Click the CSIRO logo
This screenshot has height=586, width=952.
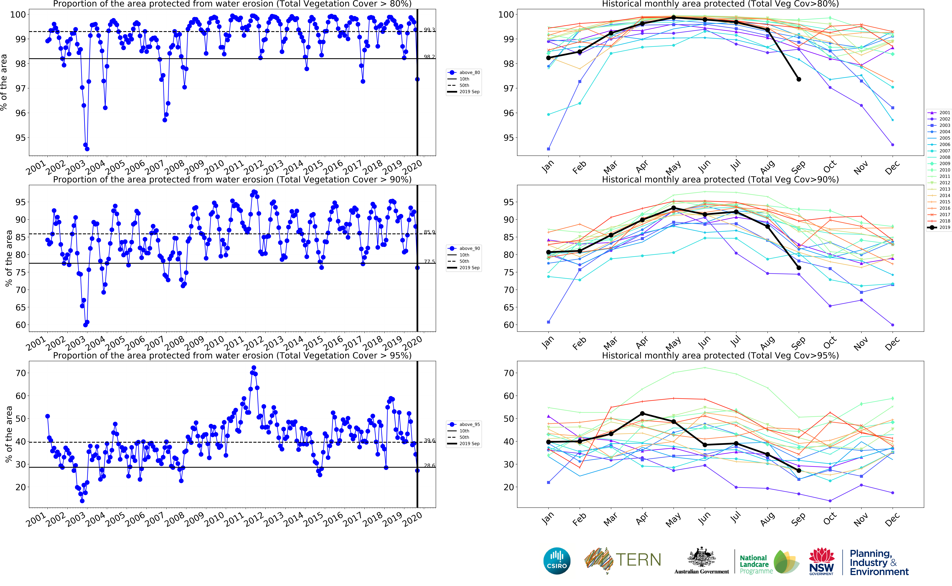[557, 561]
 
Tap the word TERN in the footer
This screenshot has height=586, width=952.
[638, 560]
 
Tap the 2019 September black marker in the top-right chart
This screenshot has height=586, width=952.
[799, 79]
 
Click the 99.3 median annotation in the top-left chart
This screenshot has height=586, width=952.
[429, 30]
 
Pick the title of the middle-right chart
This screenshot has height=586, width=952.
[720, 179]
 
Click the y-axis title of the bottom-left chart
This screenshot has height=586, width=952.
[9, 434]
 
